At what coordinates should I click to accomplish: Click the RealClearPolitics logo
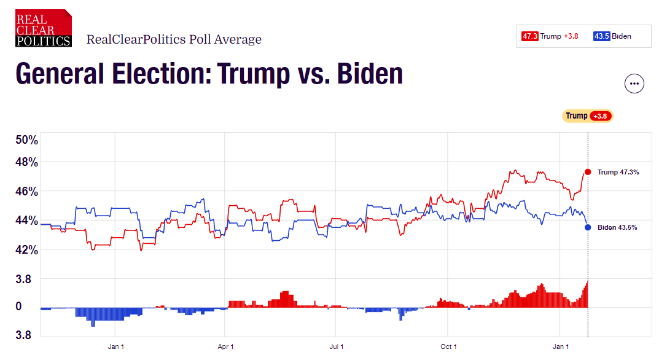point(44,28)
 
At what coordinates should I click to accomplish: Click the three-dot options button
point(634,84)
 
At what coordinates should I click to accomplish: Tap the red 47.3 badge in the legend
point(530,36)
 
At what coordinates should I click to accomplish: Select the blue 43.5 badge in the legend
point(601,36)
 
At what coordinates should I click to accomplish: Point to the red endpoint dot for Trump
point(588,172)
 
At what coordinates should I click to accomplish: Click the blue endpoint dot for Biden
point(588,227)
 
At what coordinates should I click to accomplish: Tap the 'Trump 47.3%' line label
point(618,172)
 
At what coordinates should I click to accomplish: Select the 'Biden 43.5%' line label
point(617,227)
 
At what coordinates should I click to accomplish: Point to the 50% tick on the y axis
point(26,140)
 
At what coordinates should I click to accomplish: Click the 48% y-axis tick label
point(26,163)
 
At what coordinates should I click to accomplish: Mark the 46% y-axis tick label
point(26,192)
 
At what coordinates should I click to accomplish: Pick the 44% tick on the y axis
point(26,221)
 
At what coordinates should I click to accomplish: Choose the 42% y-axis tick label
point(26,250)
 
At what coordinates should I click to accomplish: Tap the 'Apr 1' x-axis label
point(225,346)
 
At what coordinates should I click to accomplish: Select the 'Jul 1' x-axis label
point(337,346)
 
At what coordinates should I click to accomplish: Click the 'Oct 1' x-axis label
point(448,346)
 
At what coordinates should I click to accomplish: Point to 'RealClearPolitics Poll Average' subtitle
point(174,39)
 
